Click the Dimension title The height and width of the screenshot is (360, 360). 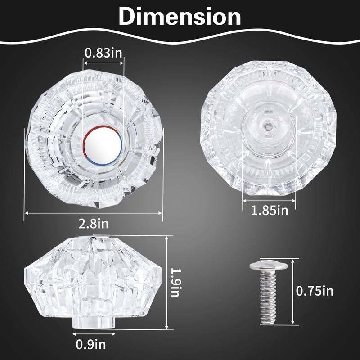(x=180, y=16)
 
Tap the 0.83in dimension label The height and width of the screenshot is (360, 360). (x=103, y=53)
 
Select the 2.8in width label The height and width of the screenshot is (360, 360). (x=94, y=223)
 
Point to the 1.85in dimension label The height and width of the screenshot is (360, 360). (x=269, y=210)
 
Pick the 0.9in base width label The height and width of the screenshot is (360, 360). (x=91, y=344)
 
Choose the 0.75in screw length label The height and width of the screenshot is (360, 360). (x=315, y=291)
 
